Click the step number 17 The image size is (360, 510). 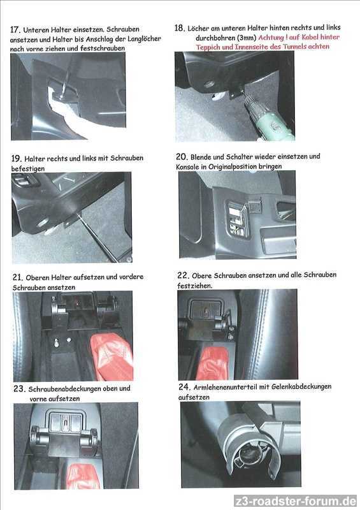click(x=15, y=30)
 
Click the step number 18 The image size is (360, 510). click(x=180, y=28)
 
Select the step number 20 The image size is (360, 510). click(x=182, y=157)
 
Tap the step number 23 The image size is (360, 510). click(x=20, y=389)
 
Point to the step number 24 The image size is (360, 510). click(x=184, y=387)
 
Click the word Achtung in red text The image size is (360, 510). click(x=271, y=38)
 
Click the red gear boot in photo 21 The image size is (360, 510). click(x=112, y=357)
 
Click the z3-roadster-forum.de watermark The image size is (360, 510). click(x=295, y=501)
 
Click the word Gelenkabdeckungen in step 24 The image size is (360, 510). click(x=301, y=387)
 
